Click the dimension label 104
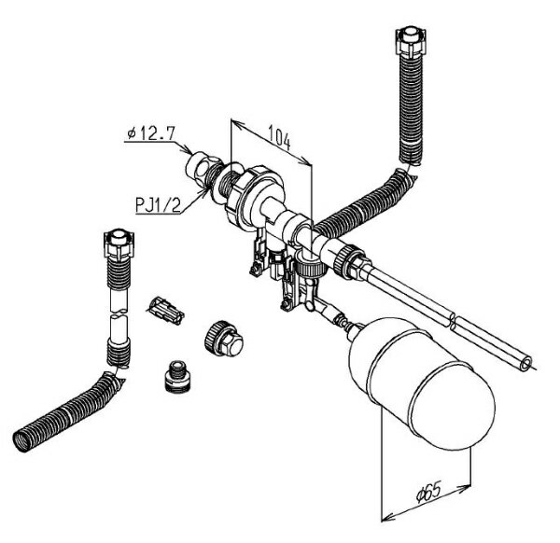pyautogui.click(x=280, y=137)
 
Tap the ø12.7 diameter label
pyautogui.click(x=151, y=133)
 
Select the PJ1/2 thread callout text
pyautogui.click(x=159, y=205)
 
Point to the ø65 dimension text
pyautogui.click(x=429, y=492)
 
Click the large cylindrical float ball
pyautogui.click(x=423, y=383)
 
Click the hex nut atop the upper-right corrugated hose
pyautogui.click(x=411, y=40)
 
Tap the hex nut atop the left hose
pyautogui.click(x=119, y=244)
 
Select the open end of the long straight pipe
pyautogui.click(x=525, y=364)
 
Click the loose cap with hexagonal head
pyautogui.click(x=224, y=338)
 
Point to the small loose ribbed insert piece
pyautogui.click(x=166, y=311)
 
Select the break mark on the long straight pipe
pyautogui.click(x=453, y=320)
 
